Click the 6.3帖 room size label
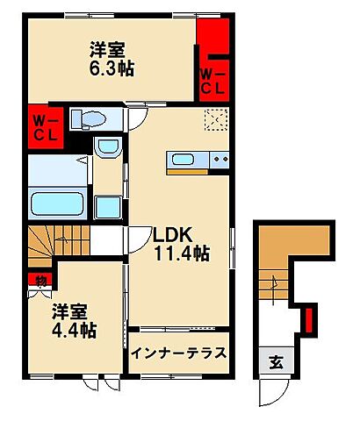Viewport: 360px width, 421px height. tap(111, 69)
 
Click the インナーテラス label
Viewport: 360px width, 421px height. tap(180, 353)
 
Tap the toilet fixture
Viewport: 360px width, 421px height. tap(88, 118)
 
